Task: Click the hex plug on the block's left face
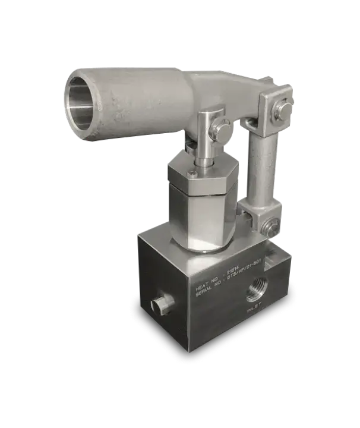pos(158,306)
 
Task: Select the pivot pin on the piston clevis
pos(222,128)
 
